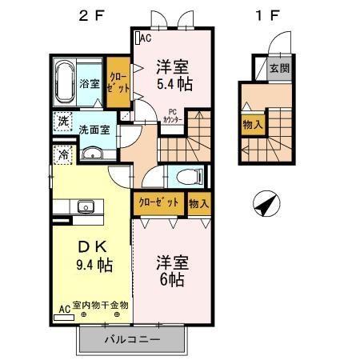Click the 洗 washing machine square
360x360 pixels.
62,122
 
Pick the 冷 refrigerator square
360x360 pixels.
62,155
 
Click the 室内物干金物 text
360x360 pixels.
100,305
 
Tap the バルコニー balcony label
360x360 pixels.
133,340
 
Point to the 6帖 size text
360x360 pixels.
172,280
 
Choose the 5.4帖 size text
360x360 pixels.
172,82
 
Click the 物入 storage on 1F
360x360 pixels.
252,125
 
